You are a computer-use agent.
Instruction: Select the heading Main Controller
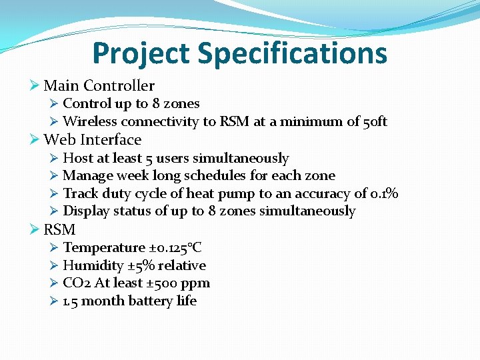pyautogui.click(x=99, y=85)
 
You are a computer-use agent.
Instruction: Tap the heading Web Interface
pyautogui.click(x=92, y=140)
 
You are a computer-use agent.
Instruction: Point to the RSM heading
pyautogui.click(x=59, y=230)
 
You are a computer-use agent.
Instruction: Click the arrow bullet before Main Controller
pyautogui.click(x=35, y=85)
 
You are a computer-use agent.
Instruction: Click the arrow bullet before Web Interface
pyautogui.click(x=35, y=140)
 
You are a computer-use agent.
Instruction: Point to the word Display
pyautogui.click(x=86, y=211)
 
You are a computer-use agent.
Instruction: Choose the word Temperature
pyautogui.click(x=103, y=247)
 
